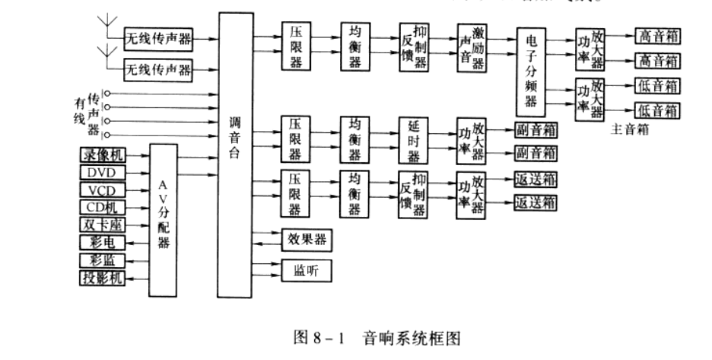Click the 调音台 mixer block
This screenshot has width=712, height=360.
(234, 152)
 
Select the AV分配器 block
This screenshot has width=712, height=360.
(166, 219)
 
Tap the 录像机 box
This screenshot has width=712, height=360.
(102, 155)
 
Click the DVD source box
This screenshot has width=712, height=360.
(102, 172)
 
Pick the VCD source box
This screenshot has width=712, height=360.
(102, 190)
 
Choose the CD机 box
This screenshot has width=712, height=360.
(102, 207)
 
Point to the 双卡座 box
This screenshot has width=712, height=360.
(102, 225)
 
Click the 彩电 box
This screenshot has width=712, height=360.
(102, 243)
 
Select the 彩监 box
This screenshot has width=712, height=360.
(102, 260)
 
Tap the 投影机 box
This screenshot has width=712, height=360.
(102, 278)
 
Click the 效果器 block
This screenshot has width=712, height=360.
(307, 240)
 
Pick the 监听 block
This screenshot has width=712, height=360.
(307, 270)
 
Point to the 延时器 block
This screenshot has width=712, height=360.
(414, 139)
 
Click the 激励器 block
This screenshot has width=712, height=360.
(471, 47)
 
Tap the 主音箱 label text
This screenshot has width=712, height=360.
(630, 129)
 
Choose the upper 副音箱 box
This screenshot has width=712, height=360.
(536, 129)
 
